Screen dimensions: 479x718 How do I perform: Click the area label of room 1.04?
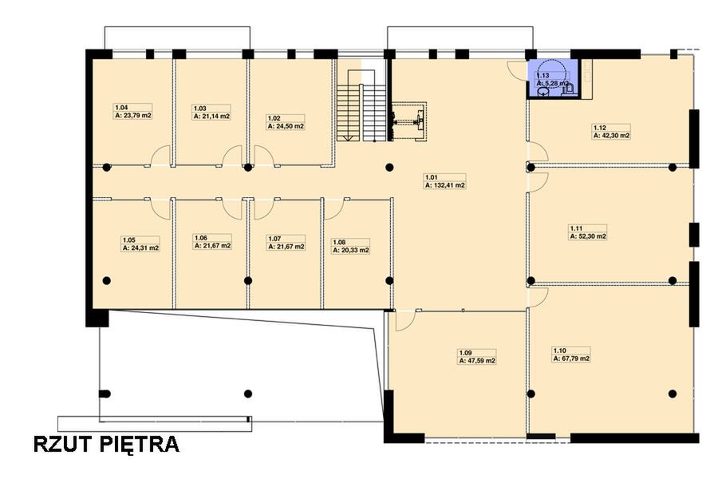133,112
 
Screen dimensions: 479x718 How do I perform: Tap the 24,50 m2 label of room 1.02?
286,122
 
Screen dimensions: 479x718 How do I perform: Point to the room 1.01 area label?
445,181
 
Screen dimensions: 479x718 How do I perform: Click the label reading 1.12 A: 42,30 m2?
611,132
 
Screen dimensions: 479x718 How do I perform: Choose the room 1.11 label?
588,232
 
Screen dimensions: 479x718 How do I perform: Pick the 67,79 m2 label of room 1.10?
571,355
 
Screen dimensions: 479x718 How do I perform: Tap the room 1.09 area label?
477,357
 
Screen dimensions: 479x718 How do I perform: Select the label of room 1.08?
351,246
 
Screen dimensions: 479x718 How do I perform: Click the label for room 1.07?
286,243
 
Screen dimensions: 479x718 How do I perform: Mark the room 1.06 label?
212,242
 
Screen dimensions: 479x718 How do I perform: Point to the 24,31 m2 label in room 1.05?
140,243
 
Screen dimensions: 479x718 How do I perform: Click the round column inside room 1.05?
106,279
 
